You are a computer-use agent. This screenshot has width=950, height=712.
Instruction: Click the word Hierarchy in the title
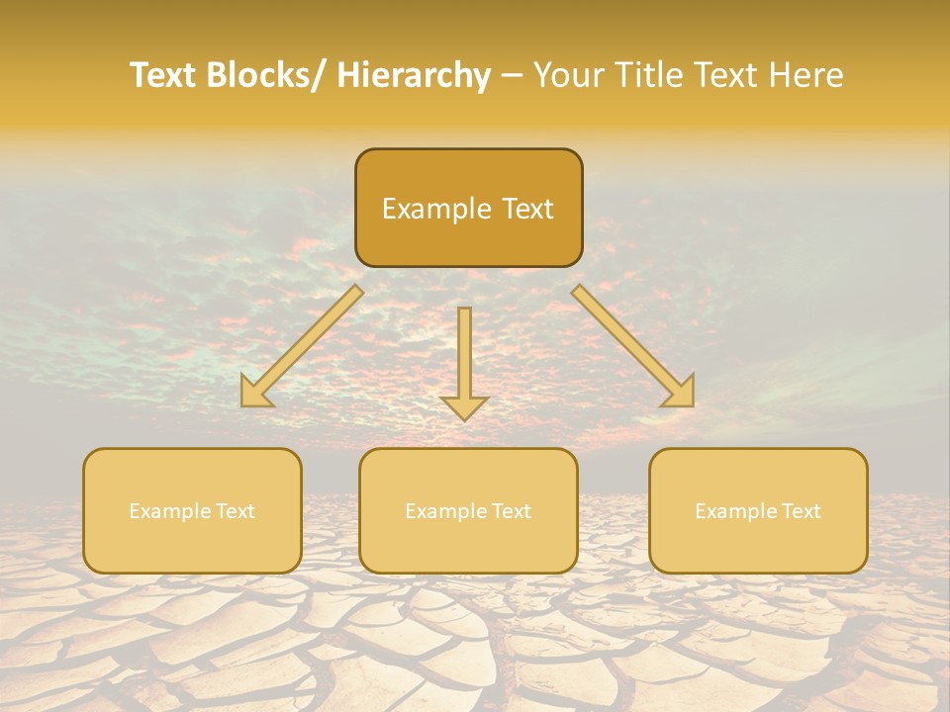pos(414,75)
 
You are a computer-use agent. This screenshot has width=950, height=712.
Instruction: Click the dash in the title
pos(513,75)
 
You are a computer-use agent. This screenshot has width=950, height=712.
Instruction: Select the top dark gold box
pos(468,208)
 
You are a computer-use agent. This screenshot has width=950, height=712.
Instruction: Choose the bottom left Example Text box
pos(192,510)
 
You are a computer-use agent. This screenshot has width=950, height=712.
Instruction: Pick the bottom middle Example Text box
pos(468,510)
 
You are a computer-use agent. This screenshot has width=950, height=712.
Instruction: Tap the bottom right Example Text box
pos(758,510)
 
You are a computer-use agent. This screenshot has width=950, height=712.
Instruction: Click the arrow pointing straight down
pos(464,361)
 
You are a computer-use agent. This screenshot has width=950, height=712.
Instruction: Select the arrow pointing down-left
pos(302,346)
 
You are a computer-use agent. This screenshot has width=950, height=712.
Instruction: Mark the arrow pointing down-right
pos(633,346)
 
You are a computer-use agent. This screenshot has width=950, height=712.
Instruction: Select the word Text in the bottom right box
pos(800,511)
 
